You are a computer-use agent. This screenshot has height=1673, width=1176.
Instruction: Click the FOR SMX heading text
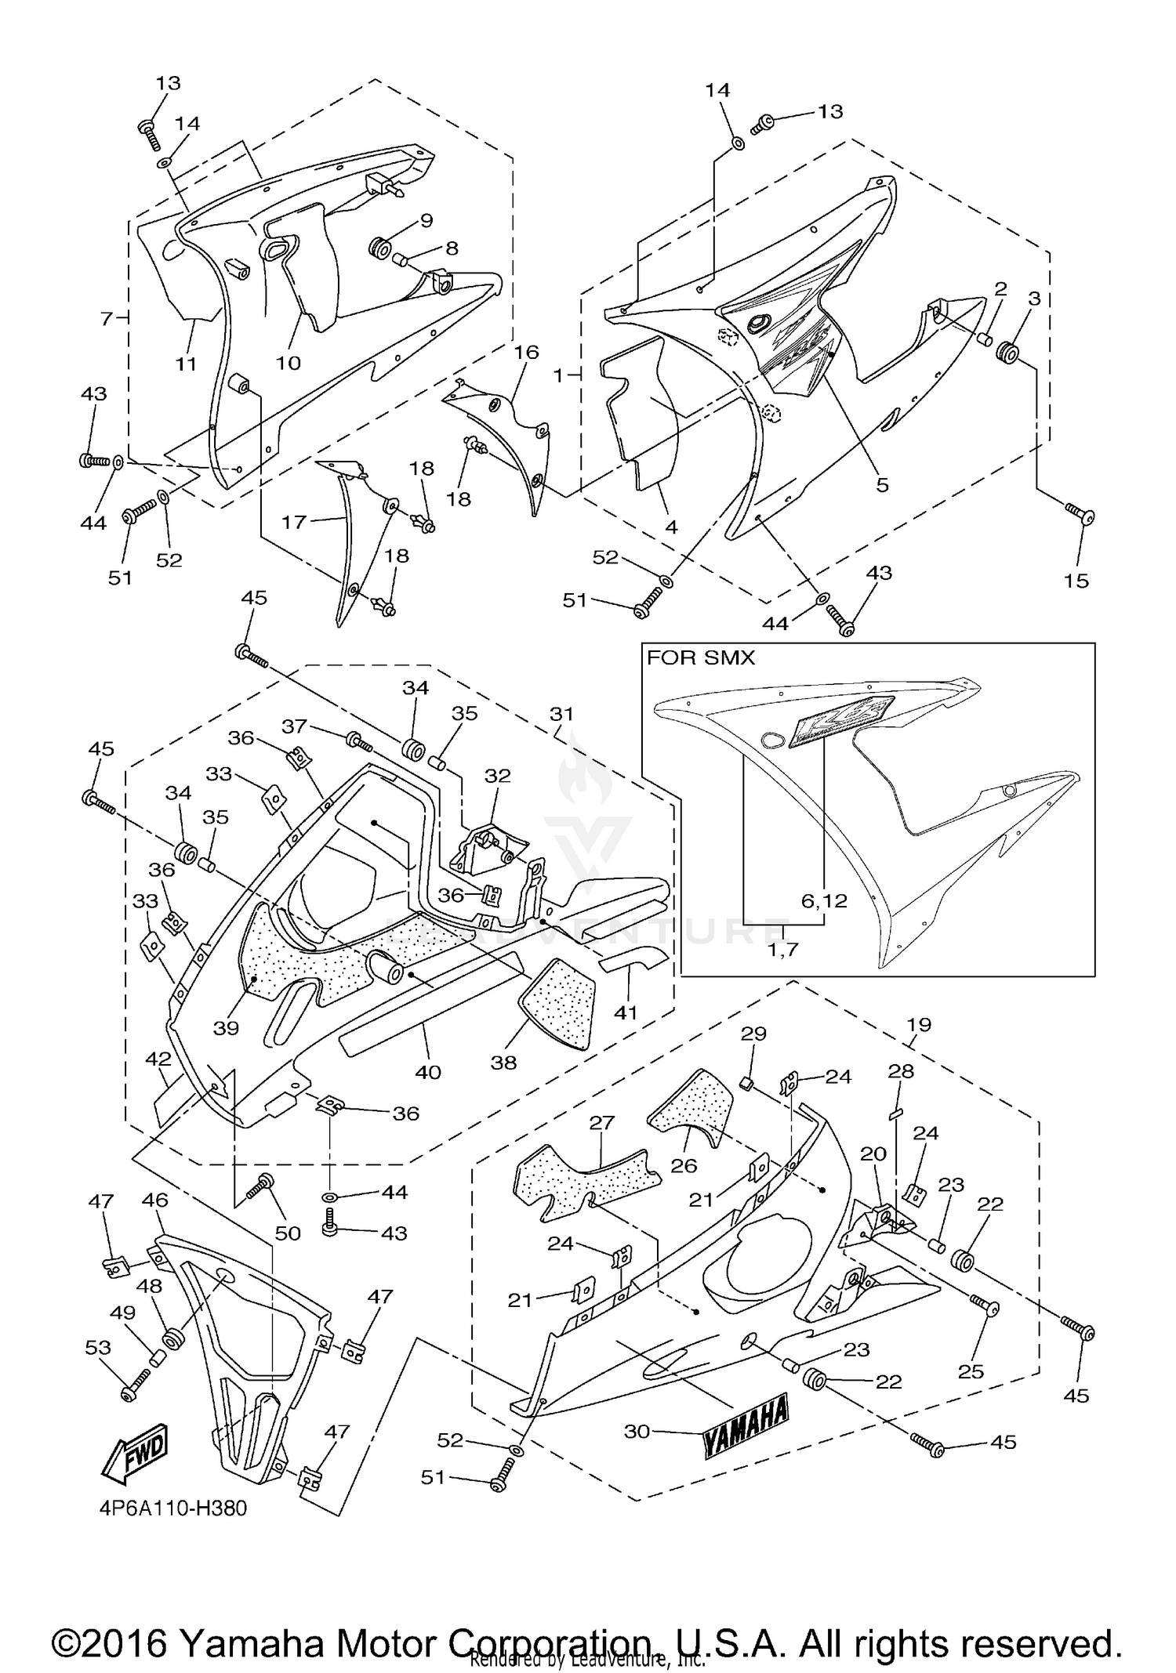(700, 658)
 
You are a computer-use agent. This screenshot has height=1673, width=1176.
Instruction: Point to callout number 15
(1076, 581)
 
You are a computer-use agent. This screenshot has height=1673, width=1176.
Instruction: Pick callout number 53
(98, 1347)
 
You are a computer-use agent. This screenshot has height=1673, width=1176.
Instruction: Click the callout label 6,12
(824, 901)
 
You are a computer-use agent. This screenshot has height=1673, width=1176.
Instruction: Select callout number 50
(288, 1233)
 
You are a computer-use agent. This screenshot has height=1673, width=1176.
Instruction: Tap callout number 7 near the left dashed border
(107, 318)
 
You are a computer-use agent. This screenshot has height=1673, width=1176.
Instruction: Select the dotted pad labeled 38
(558, 1005)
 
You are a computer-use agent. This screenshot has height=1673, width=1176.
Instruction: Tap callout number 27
(601, 1122)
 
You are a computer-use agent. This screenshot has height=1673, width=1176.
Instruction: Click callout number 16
(526, 353)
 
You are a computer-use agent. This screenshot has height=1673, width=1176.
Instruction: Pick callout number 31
(561, 714)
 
